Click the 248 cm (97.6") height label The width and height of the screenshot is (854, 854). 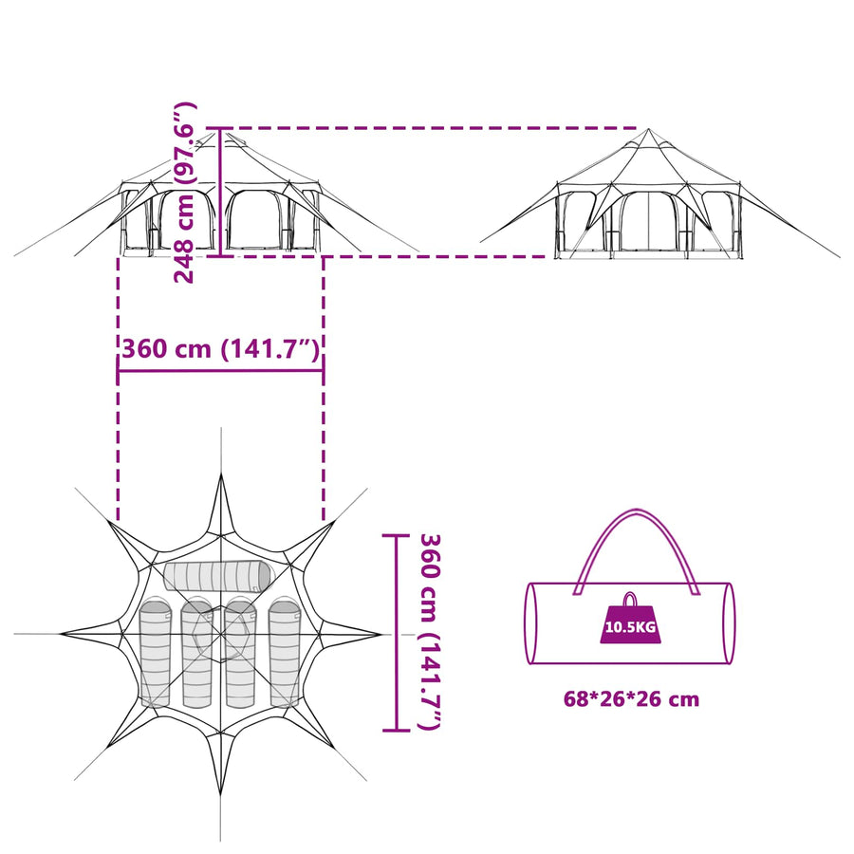coord(184,193)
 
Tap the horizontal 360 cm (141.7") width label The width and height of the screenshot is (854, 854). coord(220,349)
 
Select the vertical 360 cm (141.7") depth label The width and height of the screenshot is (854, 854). coord(430,632)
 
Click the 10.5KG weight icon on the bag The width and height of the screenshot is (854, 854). coord(630,620)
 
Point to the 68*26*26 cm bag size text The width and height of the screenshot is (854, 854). coord(631,698)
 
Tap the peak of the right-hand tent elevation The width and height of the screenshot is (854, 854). coord(648,129)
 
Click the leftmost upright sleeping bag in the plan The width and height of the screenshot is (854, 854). coord(156,653)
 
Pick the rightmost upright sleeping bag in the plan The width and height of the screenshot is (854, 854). coord(285,653)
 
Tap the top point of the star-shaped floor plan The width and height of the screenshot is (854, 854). coord(221,474)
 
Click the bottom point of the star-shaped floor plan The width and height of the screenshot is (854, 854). coord(220,794)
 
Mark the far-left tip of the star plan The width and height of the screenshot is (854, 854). coord(61,634)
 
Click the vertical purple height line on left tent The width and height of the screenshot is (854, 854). coord(219,193)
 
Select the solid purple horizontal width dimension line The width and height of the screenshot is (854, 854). coord(220,371)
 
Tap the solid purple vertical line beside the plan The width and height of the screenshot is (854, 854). coord(396,632)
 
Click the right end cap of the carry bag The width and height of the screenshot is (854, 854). coord(730,623)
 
